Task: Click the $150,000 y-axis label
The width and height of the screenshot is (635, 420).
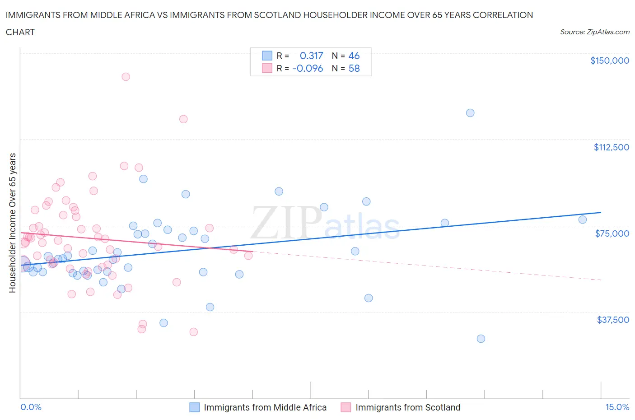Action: [x=609, y=61]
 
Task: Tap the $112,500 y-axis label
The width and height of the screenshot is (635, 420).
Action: [x=611, y=147]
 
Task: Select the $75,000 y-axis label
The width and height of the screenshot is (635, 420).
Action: [x=612, y=233]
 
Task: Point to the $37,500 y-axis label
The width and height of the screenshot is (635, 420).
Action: [x=612, y=320]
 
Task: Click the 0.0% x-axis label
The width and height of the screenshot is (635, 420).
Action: [x=31, y=407]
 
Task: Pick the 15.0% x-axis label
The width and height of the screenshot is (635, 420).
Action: [x=617, y=407]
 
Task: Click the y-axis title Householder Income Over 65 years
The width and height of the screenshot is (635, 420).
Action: [x=12, y=223]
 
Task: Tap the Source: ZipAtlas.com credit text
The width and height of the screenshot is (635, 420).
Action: [x=594, y=32]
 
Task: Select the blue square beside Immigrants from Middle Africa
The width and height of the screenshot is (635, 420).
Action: [x=194, y=407]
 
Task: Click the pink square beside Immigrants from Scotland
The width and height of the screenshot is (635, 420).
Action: [x=346, y=407]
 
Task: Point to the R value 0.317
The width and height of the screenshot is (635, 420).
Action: [x=311, y=56]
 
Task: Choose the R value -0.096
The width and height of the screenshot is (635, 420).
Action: [x=308, y=68]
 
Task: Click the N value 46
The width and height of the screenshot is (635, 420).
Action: [x=354, y=56]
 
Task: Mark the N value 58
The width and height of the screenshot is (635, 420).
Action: [x=354, y=68]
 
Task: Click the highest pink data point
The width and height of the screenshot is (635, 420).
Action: [x=126, y=77]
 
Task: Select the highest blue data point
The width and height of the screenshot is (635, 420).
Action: [x=470, y=113]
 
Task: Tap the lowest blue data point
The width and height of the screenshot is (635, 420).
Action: [x=481, y=339]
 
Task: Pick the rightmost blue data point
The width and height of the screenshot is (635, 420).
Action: [x=583, y=219]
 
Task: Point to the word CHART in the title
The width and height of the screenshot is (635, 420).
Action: [x=20, y=32]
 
